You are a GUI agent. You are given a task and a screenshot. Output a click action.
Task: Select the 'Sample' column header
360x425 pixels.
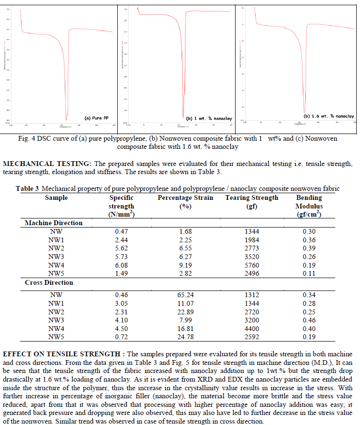[x=57, y=197]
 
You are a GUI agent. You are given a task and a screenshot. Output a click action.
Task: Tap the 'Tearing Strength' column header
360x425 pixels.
[x=252, y=197]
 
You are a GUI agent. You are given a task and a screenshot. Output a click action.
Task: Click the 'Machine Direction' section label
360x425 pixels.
[x=53, y=223]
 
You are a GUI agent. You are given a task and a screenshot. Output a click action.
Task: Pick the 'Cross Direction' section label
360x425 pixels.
[x=50, y=282]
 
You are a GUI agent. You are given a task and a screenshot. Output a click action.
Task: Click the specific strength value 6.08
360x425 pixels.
[x=122, y=265]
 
